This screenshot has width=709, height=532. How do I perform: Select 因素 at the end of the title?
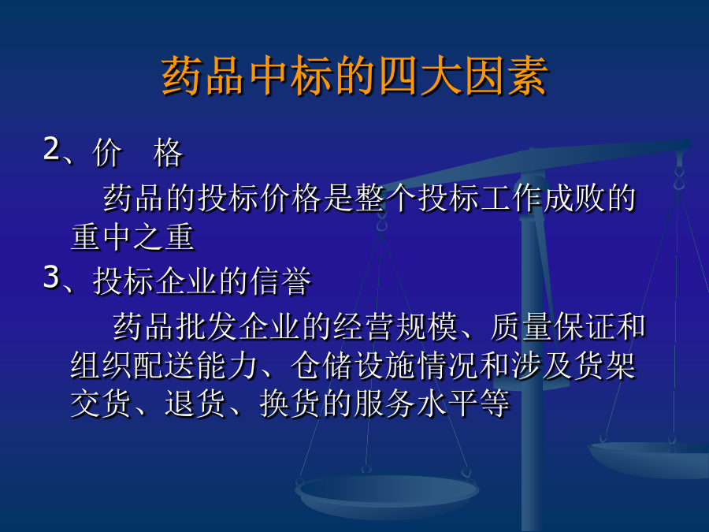507,76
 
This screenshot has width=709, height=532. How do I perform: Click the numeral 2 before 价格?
51,148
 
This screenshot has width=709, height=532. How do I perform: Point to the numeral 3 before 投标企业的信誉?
51,277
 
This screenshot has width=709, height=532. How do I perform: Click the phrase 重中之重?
132,236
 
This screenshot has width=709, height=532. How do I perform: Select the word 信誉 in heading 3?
281,281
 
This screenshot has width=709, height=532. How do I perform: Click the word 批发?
206,326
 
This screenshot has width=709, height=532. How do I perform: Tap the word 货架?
606,365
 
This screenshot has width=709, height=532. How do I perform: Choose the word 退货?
195,403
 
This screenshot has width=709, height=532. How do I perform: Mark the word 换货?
290,403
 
